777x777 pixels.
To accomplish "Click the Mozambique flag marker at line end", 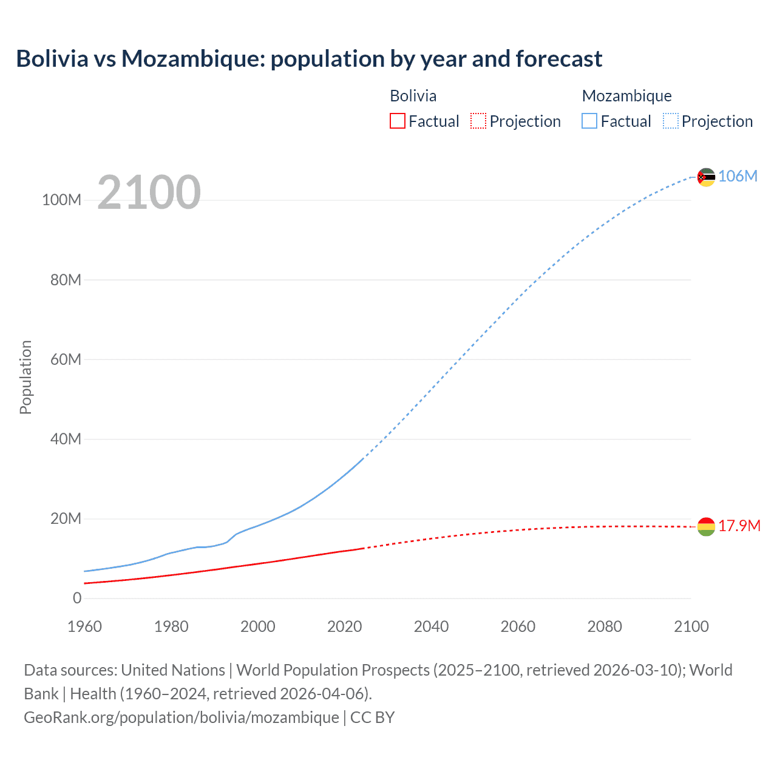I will tap(706, 177).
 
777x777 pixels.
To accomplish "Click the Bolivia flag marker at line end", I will tap(706, 526).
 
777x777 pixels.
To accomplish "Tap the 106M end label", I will tap(738, 176).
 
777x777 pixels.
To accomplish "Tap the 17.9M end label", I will tap(739, 526).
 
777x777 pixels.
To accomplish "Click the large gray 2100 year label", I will tap(149, 192).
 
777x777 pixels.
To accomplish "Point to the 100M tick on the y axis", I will tap(61, 200).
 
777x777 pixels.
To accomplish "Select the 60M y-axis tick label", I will tap(66, 359).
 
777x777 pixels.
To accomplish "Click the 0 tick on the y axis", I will tap(77, 598).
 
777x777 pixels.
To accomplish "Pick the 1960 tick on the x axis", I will tap(84, 626).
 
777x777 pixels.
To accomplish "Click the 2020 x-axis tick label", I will tap(344, 626).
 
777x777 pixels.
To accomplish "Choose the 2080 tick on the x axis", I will tap(604, 626).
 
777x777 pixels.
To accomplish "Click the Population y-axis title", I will tap(25, 377).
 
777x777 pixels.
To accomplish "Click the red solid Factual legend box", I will tap(397, 121).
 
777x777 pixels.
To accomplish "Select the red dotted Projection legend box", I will tap(478, 121).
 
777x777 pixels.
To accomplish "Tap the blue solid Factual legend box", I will tap(589, 121).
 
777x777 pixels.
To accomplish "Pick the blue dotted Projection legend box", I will tap(670, 121).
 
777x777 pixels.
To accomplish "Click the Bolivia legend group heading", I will tap(413, 96).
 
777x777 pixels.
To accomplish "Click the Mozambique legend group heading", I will tap(626, 96).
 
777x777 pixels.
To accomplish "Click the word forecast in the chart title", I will tap(558, 59).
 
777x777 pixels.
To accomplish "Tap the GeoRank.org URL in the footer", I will tap(182, 718).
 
